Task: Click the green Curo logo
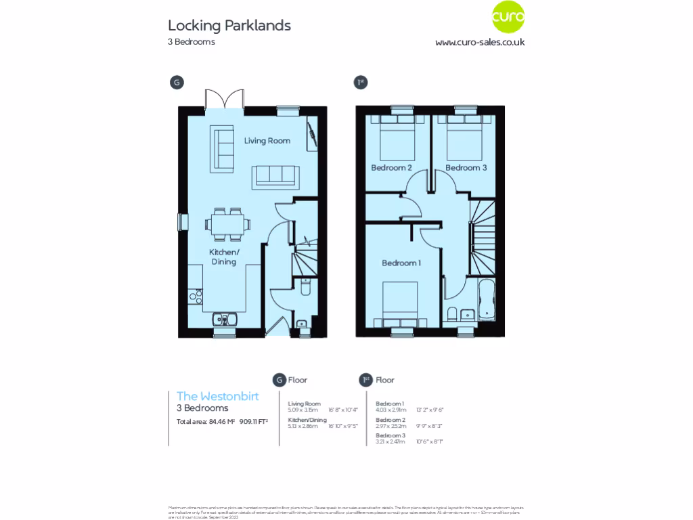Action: tap(508, 19)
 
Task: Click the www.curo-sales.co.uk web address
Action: tap(480, 42)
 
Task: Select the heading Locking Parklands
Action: tap(229, 26)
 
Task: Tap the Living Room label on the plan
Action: tap(267, 141)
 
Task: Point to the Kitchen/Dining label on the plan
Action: tap(224, 257)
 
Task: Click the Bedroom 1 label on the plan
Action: tap(401, 263)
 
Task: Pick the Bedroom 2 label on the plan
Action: tap(391, 167)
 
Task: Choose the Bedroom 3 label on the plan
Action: tap(466, 167)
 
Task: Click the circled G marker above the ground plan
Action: tap(176, 83)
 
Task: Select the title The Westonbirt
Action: tap(218, 396)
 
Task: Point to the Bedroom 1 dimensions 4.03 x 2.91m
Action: tap(390, 410)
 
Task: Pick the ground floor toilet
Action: tap(305, 289)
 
